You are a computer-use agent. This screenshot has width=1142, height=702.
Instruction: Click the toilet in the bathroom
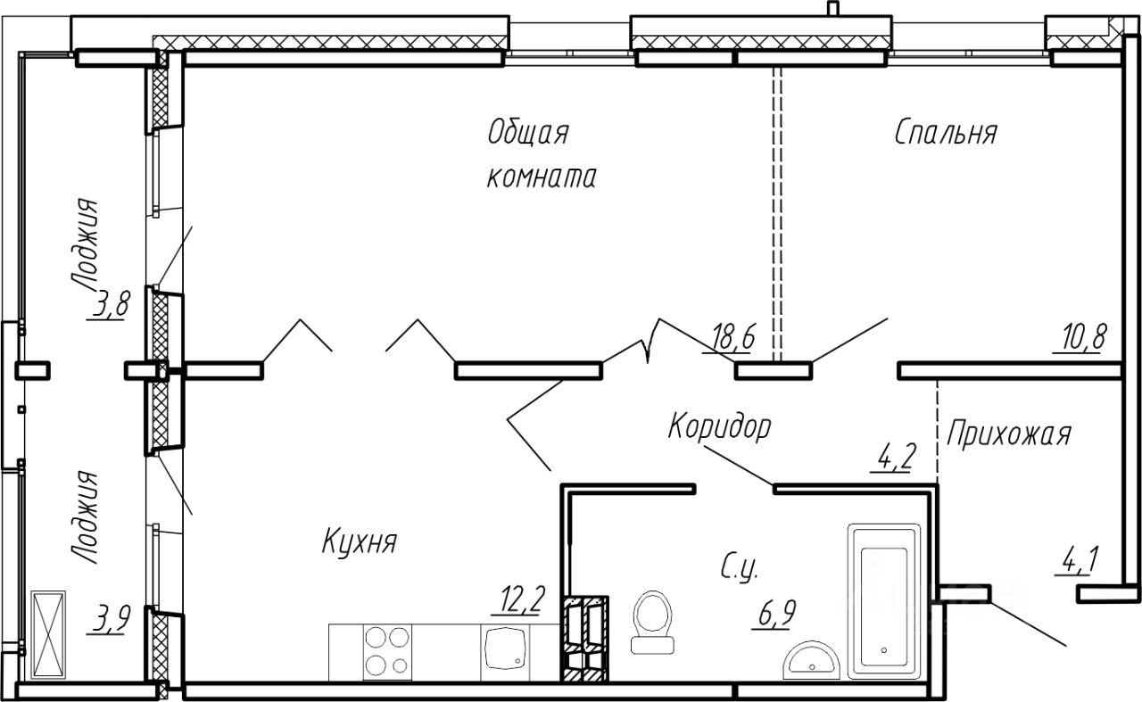pos(652,622)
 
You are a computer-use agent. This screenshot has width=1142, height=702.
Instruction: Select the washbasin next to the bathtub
pos(811,660)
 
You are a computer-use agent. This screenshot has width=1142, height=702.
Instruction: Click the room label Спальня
pos(946,133)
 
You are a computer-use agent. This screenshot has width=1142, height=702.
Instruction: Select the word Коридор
pos(719,427)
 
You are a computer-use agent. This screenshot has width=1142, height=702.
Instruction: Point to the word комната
pos(542,177)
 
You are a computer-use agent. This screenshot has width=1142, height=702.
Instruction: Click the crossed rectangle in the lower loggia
pos(48,635)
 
